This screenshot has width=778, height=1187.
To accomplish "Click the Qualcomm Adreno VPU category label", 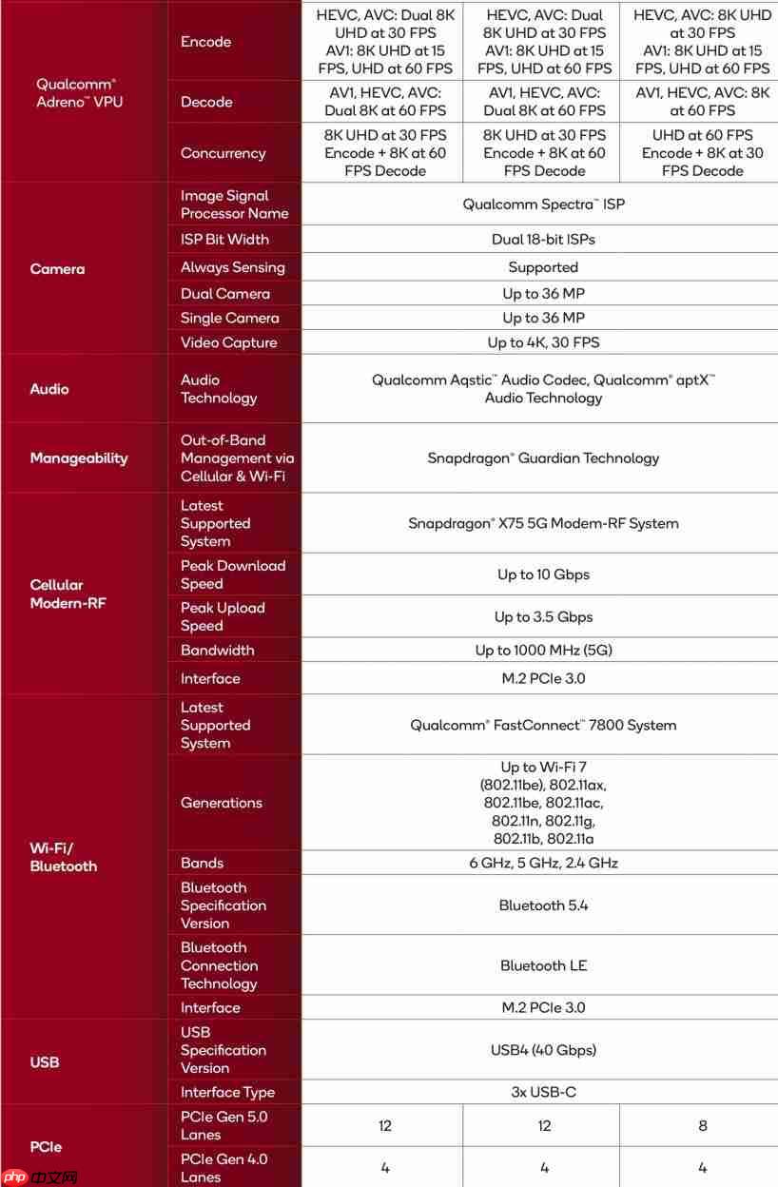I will click(80, 92).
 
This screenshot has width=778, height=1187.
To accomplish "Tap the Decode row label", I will click(206, 102).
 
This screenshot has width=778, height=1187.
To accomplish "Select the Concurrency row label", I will click(223, 153).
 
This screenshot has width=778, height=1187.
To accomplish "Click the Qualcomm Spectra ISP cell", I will click(543, 204).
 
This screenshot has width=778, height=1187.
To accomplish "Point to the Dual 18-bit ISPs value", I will click(543, 240).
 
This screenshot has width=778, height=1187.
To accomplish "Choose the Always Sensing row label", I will click(232, 268).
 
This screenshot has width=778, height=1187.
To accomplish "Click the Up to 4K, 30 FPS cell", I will click(543, 342).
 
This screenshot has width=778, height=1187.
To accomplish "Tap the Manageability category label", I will click(78, 458).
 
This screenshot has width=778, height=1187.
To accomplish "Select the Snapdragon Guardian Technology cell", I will click(543, 458).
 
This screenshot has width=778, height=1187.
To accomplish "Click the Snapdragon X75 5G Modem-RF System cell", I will click(543, 523).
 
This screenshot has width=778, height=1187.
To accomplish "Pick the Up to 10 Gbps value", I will click(543, 574).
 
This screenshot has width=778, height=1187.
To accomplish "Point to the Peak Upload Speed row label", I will click(223, 616).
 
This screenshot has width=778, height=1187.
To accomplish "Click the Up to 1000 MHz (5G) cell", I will click(543, 651).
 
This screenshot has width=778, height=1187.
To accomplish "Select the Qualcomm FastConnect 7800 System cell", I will click(543, 725).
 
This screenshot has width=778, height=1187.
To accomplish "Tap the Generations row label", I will click(221, 803).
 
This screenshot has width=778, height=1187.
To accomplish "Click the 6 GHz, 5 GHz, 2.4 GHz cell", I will click(543, 864).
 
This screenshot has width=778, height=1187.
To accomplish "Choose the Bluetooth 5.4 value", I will click(543, 905).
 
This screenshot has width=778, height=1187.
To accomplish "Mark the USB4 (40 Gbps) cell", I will click(543, 1050).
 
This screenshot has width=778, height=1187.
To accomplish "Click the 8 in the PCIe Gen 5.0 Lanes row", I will click(703, 1126).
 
